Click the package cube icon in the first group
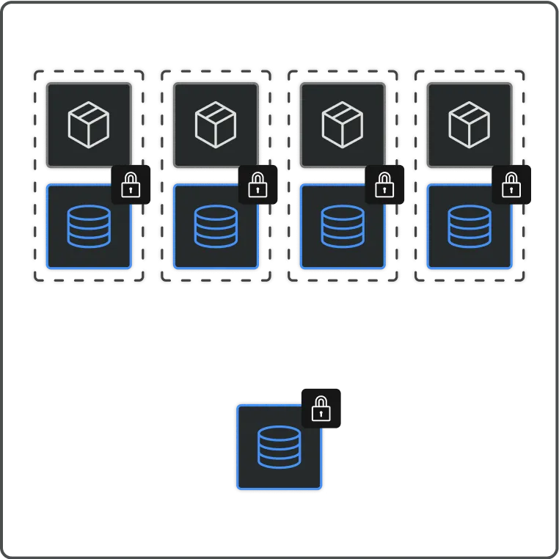coord(89,124)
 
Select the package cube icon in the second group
coord(216,124)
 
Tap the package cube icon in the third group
coord(343,124)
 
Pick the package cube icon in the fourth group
coord(470,124)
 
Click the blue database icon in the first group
coord(89,226)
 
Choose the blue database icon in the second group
coord(216,226)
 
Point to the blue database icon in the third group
coord(343,226)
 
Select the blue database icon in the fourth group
coord(470,226)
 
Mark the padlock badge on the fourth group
coord(511,185)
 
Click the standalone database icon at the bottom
coord(279,446)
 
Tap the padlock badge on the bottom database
coord(321,408)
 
